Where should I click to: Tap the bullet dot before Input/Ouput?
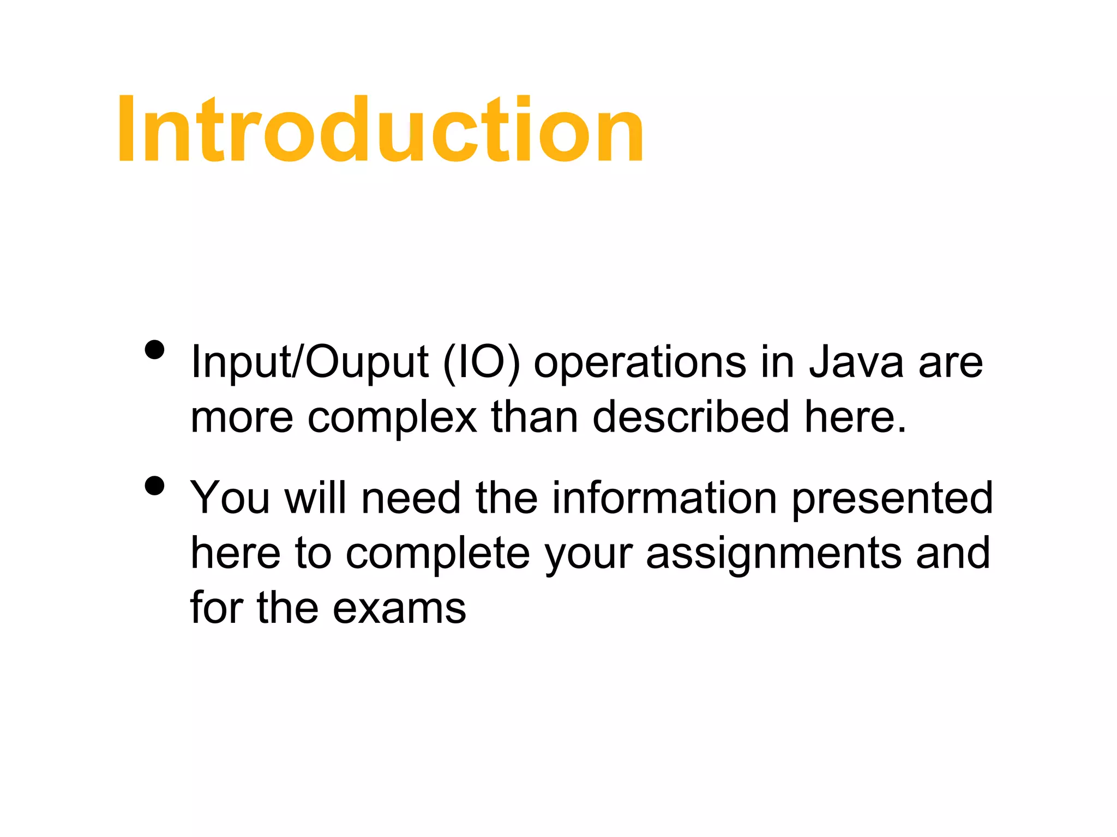[x=155, y=350]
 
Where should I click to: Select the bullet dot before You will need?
[x=155, y=486]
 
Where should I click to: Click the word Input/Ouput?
[x=309, y=363]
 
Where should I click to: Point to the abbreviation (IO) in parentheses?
[x=482, y=363]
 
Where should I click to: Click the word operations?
[x=640, y=363]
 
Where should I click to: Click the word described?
[x=690, y=417]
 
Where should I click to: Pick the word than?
[x=535, y=417]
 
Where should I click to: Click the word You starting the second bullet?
[x=230, y=498]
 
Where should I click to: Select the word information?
[x=664, y=498]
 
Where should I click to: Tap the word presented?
[x=892, y=499]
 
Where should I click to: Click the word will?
[x=315, y=498]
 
